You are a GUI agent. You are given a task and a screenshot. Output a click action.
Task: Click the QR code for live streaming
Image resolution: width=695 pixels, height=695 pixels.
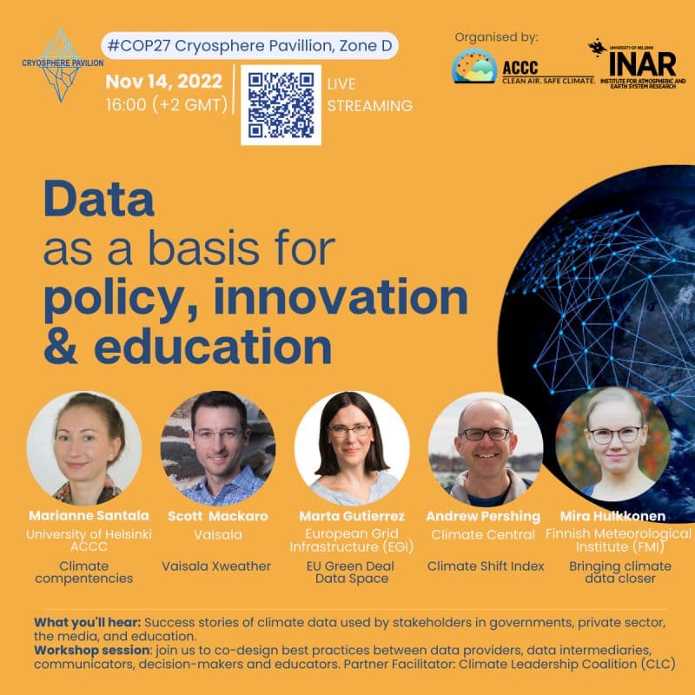281,105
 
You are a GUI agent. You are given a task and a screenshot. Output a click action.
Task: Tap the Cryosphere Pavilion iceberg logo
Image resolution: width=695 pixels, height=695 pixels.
62,65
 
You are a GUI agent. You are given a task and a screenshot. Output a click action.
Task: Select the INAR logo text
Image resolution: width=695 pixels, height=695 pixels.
643,64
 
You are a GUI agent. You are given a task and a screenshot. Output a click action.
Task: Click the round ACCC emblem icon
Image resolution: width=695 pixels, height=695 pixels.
474,66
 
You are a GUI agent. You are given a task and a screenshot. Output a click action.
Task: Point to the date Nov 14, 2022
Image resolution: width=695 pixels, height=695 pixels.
164,82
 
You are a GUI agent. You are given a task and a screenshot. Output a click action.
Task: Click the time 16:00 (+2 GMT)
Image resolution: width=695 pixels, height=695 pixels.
167,105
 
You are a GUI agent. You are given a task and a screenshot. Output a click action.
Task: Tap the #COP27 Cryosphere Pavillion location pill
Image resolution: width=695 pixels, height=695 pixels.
250,46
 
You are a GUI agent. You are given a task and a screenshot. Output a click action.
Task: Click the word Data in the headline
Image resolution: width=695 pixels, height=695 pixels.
99,199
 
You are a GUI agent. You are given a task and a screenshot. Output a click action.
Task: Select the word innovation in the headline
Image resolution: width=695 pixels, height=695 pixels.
341,296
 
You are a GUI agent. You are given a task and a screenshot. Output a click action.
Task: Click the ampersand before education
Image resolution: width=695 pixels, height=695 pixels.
61,346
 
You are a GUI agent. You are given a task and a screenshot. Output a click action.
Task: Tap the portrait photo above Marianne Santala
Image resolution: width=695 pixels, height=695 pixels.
84,448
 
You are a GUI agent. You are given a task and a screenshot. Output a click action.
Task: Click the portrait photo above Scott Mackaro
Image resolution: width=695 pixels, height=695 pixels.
218,448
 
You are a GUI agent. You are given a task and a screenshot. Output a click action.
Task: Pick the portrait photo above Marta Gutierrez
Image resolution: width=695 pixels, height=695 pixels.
352,448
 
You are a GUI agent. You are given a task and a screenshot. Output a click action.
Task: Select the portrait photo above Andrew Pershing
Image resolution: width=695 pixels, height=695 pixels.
486,448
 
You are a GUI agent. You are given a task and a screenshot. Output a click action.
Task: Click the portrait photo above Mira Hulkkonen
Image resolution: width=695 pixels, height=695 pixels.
613,445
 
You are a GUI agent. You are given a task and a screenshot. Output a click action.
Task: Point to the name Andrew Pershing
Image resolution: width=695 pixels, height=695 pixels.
483,516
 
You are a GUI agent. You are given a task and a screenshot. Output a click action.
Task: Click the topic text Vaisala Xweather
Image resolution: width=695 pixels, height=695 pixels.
216,566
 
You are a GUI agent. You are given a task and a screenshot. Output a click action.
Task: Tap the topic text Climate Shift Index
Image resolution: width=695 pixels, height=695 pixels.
486,566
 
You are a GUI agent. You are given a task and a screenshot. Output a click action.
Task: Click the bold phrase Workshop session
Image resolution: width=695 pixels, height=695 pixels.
92,650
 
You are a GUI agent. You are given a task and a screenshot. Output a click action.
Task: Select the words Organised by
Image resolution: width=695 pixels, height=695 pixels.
496,37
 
